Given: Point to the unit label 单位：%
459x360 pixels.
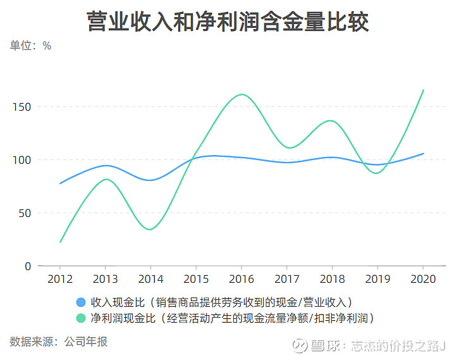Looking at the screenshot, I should [30, 46].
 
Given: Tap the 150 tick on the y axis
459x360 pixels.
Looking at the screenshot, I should [23, 107].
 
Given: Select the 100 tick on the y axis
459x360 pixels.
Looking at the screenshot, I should [23, 160].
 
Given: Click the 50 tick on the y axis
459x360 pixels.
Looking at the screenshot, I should [25, 213].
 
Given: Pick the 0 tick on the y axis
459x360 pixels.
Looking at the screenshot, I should [28, 266].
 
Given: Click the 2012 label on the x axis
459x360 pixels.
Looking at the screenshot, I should [60, 280].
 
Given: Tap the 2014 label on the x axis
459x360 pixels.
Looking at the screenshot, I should [150, 280].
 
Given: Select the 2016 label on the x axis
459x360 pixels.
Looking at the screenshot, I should [242, 280].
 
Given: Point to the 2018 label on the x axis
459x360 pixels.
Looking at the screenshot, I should [333, 280].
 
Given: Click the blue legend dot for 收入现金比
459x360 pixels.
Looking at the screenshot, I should [80, 302].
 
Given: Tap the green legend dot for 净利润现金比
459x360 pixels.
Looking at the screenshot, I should [80, 317].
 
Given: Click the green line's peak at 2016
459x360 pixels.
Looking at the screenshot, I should [242, 94].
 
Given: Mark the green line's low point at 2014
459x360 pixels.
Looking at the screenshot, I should [149, 229].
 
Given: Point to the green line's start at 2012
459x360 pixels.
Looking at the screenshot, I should [60, 242].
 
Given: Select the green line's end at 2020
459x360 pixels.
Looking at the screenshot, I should [424, 90].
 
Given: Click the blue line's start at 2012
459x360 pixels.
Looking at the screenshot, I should [60, 183].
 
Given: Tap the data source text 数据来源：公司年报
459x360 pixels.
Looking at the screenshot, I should [59, 342].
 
